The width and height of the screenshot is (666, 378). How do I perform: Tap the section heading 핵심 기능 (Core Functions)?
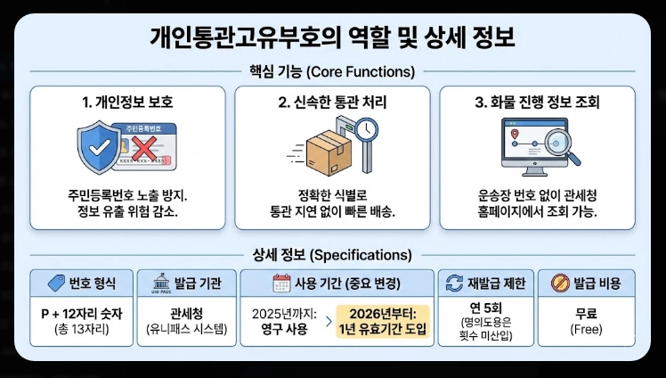tap(332, 71)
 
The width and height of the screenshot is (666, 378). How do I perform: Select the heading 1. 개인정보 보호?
tap(129, 103)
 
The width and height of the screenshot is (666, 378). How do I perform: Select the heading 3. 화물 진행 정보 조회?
tap(538, 103)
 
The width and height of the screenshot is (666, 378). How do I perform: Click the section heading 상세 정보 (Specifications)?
tap(332, 254)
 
